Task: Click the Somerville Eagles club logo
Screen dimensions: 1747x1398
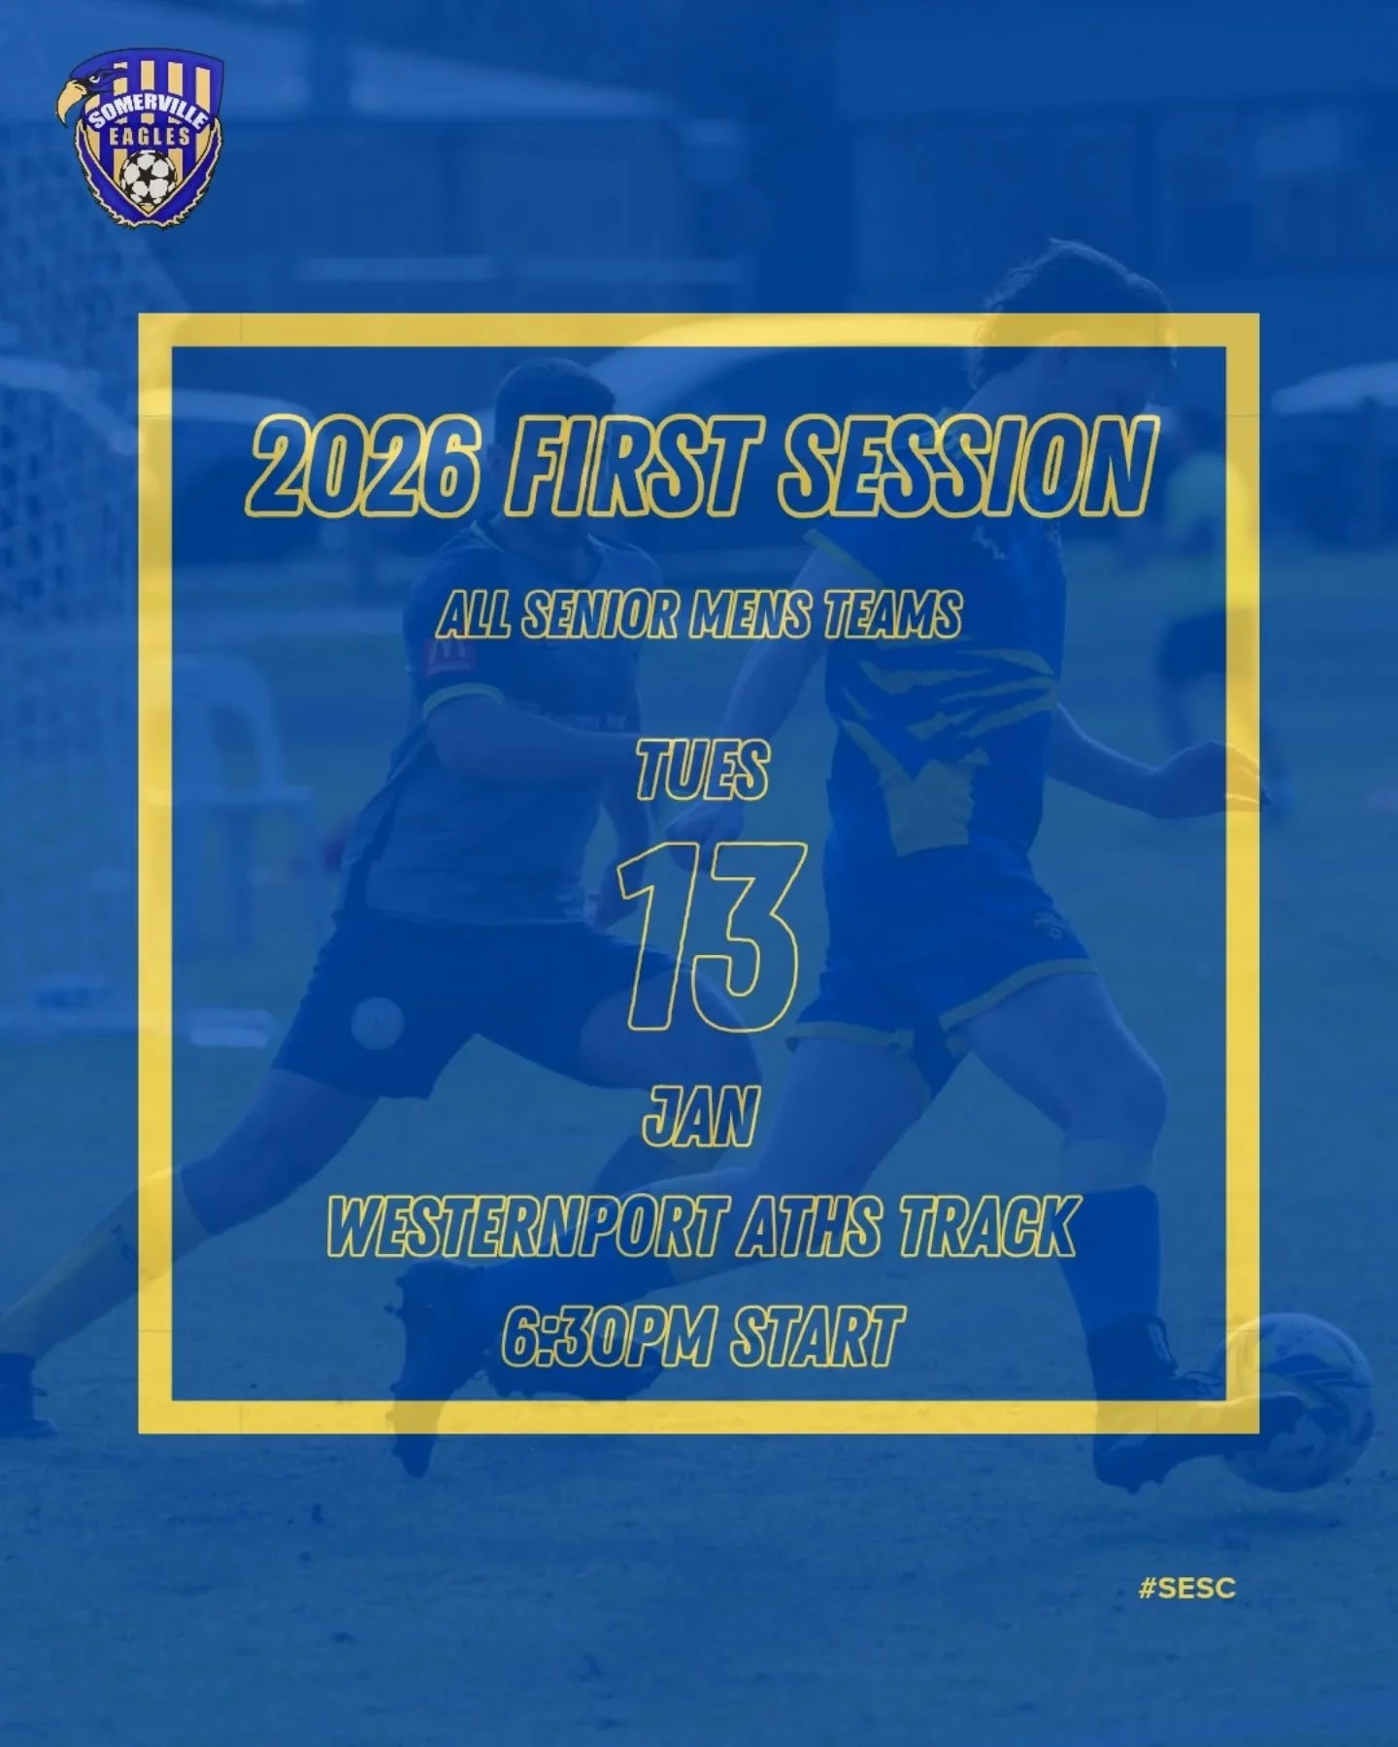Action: pos(139,141)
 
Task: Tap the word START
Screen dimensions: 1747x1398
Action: pos(815,1336)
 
